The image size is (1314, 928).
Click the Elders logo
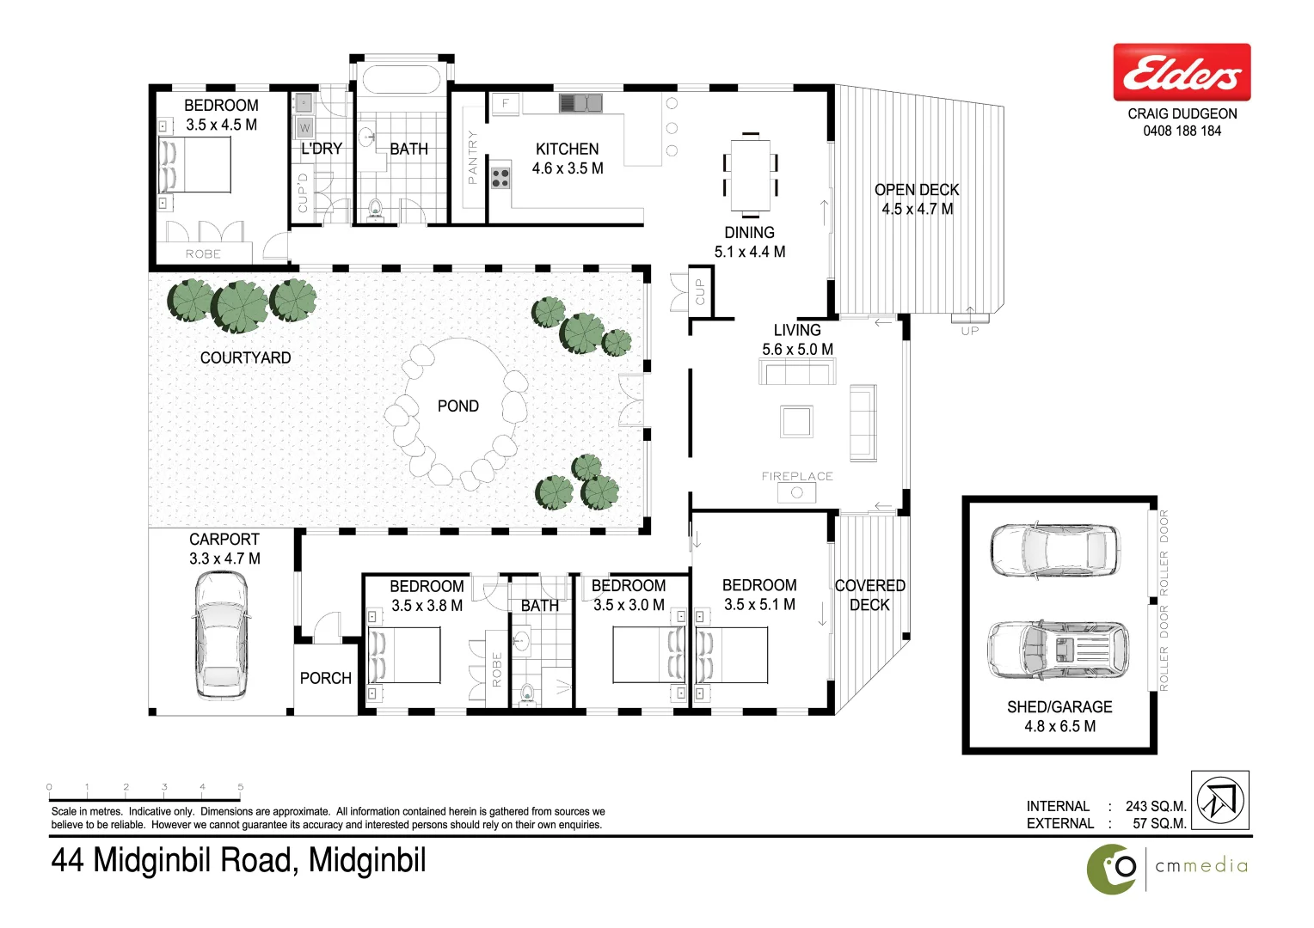pos(1182,73)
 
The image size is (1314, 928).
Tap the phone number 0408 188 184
pos(1182,131)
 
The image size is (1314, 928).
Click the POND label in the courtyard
pos(457,406)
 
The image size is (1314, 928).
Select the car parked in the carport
pos(221,636)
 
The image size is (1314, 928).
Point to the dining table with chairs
pos(750,174)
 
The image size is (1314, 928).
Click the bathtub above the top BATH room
pos(401,80)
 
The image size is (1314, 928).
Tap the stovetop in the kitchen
pos(500,178)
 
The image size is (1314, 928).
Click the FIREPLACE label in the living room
pos(797,476)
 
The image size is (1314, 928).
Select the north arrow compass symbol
pos(1220,800)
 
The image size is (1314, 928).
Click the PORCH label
pos(325,678)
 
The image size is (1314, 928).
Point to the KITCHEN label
pos(567,150)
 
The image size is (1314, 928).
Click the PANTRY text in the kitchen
pos(472,157)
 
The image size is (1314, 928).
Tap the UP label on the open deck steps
pos(969,331)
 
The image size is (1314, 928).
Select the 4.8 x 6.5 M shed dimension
pos(1059,726)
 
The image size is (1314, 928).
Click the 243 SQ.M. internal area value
pos(1155,806)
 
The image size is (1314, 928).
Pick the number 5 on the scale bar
pos(241,786)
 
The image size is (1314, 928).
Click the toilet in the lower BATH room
pos(527,692)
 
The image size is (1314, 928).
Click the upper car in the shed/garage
pos(1054,550)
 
